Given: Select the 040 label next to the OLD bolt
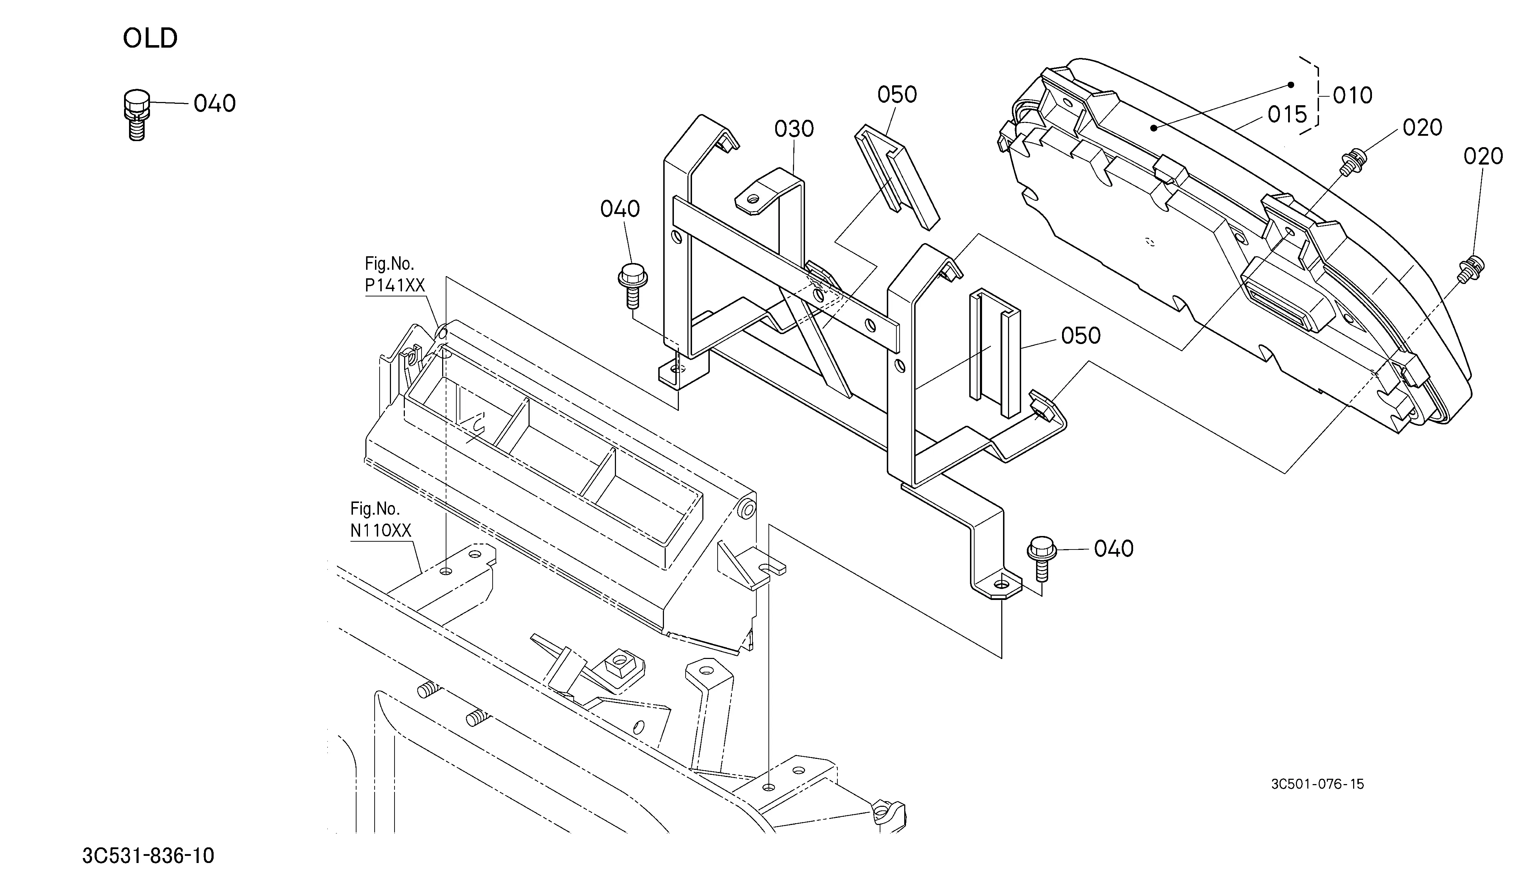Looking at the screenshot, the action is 215,104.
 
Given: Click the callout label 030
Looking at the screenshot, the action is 794,129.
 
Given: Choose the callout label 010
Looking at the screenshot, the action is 1352,95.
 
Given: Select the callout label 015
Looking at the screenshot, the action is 1287,114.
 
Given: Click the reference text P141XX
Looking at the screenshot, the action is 395,285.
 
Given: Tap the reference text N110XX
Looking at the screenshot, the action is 381,531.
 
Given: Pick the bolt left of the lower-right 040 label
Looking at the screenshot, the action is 1042,558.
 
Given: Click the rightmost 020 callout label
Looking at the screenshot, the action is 1483,156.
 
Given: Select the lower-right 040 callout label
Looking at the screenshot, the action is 1114,549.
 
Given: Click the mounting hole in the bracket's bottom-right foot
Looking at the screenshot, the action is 1001,584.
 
